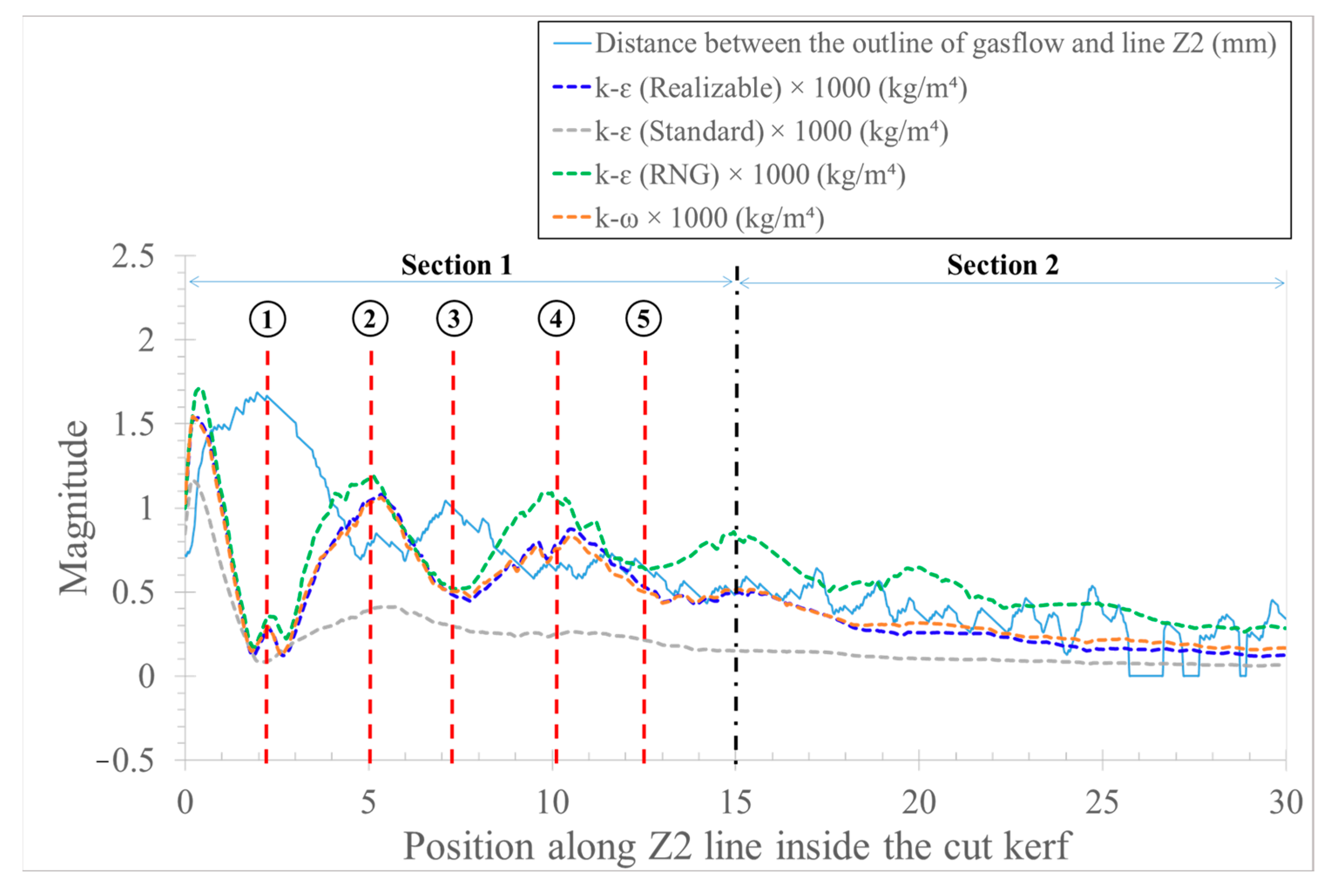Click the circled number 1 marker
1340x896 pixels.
pos(267,319)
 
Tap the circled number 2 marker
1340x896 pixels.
pos(370,318)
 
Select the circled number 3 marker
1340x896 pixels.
pos(454,318)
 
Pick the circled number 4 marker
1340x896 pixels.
pos(556,318)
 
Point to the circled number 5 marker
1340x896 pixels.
pos(644,318)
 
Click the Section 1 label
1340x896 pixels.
pos(456,265)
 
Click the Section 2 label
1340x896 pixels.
pos(1002,265)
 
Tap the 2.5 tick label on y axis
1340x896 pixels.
pos(132,256)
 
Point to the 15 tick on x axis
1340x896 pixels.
pos(736,802)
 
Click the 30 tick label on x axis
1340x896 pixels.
pos(1286,802)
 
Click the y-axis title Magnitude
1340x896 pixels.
pos(74,507)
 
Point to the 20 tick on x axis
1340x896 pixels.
pos(918,802)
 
